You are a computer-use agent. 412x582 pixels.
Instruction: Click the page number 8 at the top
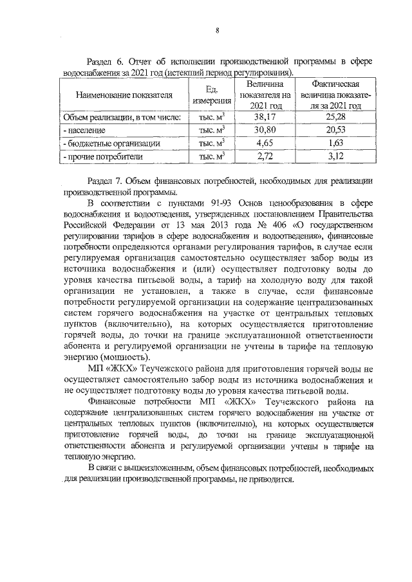(218, 30)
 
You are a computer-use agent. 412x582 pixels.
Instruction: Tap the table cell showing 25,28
(335, 117)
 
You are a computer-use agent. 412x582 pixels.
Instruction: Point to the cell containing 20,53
(335, 130)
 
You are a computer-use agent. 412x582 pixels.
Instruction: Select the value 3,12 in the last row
(335, 156)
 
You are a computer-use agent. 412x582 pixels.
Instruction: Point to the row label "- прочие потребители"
(103, 156)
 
